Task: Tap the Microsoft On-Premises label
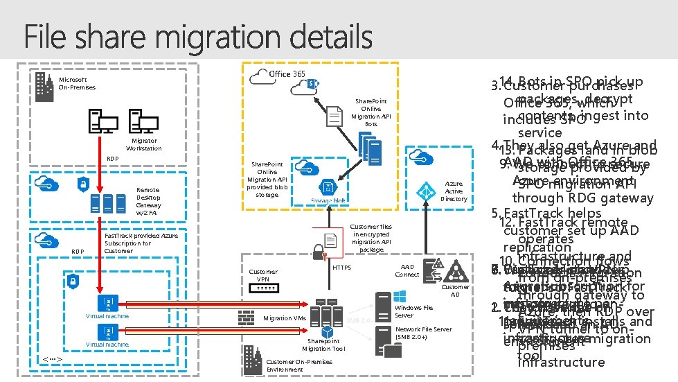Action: [x=77, y=83]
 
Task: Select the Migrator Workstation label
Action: [x=143, y=144]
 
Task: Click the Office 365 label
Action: [x=287, y=74]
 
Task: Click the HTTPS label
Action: [x=342, y=267]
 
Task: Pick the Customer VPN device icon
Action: [x=263, y=287]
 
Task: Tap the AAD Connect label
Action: [x=407, y=270]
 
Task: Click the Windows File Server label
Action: [x=413, y=311]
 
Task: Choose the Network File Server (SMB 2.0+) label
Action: [x=423, y=333]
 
